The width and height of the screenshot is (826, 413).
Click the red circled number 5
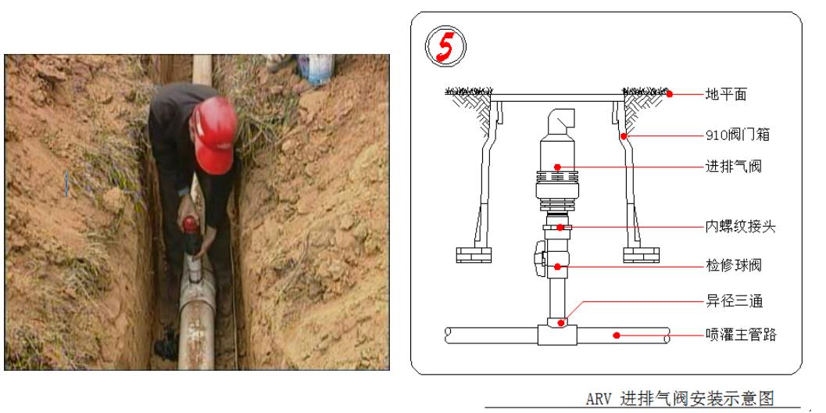[x=445, y=48]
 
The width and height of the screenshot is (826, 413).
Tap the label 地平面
[x=726, y=95]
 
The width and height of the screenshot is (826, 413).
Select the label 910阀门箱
[x=738, y=135]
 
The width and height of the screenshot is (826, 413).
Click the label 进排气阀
[x=733, y=167]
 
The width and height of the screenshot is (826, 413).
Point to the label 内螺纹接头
[x=740, y=228]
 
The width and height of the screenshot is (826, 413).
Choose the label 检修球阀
[x=733, y=265]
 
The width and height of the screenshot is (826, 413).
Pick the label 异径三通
[x=733, y=302]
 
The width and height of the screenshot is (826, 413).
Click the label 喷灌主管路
[x=741, y=335]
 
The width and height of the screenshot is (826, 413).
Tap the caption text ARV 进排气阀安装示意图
[x=680, y=397]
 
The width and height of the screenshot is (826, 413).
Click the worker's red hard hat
[x=214, y=135]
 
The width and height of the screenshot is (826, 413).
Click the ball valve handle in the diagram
[x=539, y=254]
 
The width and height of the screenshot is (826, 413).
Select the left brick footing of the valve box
[x=474, y=255]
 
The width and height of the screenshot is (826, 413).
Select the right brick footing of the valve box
[x=641, y=255]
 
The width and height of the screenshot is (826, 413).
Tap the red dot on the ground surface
[x=670, y=95]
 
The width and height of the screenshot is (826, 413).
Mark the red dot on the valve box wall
[x=623, y=135]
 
